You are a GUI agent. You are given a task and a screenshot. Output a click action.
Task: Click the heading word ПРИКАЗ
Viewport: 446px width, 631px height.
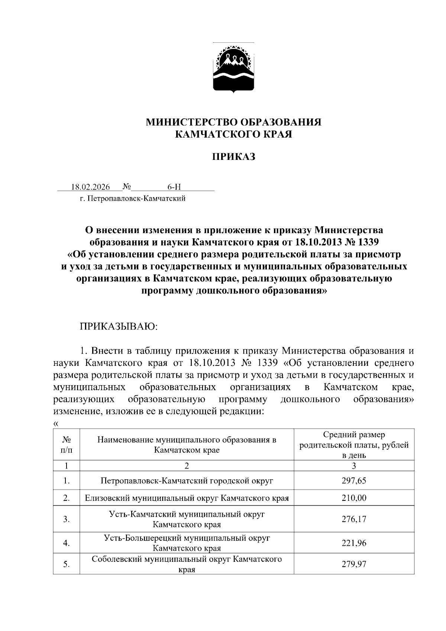(233, 157)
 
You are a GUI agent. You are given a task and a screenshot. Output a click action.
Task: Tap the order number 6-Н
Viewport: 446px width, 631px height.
(174, 187)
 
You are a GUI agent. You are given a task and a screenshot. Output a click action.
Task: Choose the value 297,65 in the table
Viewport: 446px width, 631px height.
(354, 481)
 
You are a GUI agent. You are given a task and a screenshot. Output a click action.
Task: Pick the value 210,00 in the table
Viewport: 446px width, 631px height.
(354, 498)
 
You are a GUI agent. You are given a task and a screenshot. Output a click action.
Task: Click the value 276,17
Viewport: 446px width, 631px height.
(354, 519)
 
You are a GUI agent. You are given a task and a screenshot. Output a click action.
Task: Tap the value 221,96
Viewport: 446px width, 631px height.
(354, 543)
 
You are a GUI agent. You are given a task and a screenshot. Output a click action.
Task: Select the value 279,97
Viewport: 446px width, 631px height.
(354, 564)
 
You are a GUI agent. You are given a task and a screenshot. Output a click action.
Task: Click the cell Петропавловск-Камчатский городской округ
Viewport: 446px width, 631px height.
(187, 481)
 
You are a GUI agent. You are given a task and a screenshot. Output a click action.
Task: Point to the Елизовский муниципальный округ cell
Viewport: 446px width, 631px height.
(187, 498)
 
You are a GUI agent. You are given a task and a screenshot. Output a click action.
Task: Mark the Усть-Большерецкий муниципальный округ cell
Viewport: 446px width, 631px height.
(187, 543)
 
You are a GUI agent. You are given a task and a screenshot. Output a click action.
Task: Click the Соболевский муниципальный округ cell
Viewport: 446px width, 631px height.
(187, 564)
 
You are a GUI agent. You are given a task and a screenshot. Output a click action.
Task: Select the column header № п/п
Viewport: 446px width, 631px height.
(67, 445)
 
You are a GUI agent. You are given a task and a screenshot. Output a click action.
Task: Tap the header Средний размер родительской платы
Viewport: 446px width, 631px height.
(354, 445)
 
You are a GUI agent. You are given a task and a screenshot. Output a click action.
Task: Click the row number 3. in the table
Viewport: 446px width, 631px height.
(67, 519)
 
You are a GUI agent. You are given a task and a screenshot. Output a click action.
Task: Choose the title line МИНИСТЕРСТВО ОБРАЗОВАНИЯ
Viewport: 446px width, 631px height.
(233, 122)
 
